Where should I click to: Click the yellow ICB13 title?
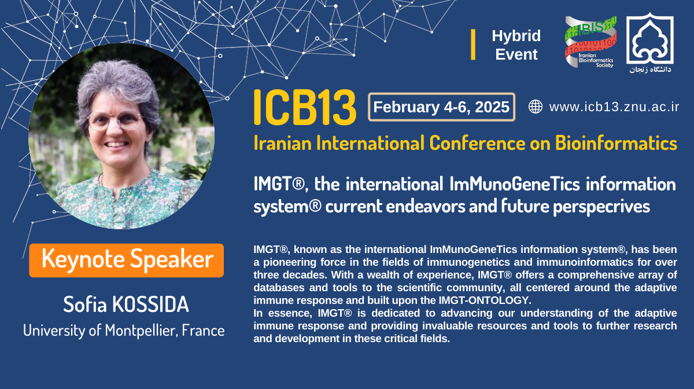pyautogui.click(x=305, y=107)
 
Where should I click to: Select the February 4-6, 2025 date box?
pyautogui.click(x=441, y=107)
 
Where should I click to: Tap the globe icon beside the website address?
pyautogui.click(x=536, y=107)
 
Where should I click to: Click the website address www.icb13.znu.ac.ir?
pyautogui.click(x=614, y=107)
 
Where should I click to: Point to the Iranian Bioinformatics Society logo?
pyautogui.click(x=590, y=42)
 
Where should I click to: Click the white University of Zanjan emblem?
pyautogui.click(x=650, y=38)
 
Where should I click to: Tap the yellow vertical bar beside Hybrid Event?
pyautogui.click(x=473, y=45)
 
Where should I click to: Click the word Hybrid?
pyautogui.click(x=516, y=36)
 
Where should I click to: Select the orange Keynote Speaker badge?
pyautogui.click(x=127, y=260)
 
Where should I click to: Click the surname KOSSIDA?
pyautogui.click(x=150, y=304)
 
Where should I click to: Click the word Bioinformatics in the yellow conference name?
pyautogui.click(x=616, y=143)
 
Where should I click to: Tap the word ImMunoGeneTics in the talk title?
pyautogui.click(x=515, y=184)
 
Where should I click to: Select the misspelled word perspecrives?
pyautogui.click(x=601, y=207)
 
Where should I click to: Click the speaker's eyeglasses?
pyautogui.click(x=115, y=120)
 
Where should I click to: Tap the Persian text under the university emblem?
pyautogui.click(x=650, y=69)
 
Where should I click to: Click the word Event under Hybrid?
pyautogui.click(x=516, y=54)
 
